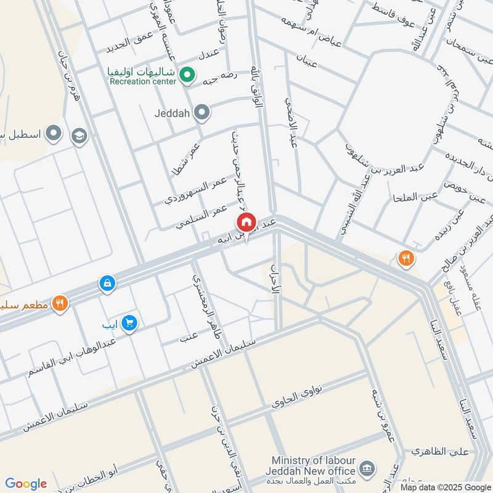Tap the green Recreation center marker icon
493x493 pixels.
(x=189, y=75)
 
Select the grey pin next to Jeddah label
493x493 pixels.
(x=202, y=112)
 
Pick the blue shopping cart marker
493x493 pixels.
(x=129, y=324)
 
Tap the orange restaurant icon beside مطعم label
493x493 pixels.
(x=60, y=303)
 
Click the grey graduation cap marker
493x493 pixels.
(x=79, y=136)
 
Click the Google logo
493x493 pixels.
(x=26, y=483)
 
